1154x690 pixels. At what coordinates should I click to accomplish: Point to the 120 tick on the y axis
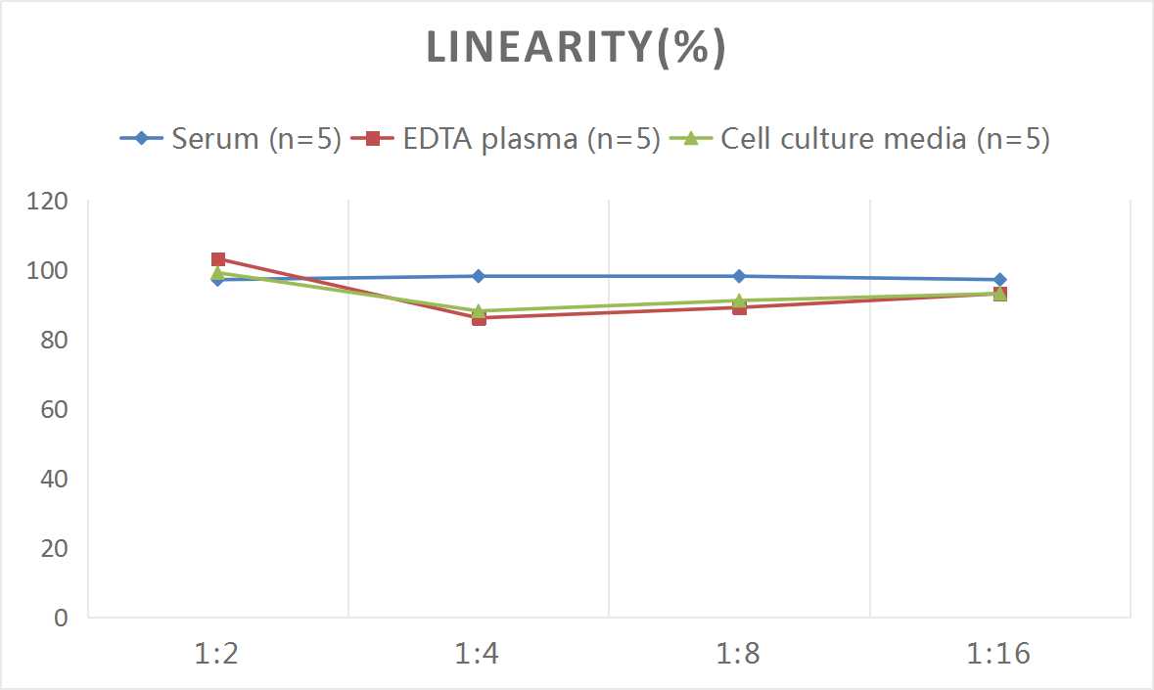point(49,202)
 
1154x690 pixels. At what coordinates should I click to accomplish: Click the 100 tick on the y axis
point(49,271)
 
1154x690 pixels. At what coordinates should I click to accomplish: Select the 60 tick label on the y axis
point(54,409)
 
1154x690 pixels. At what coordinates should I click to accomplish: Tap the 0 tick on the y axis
point(61,618)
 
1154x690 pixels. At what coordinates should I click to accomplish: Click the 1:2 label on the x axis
point(217,653)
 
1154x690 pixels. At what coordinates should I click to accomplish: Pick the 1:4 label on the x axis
point(479,653)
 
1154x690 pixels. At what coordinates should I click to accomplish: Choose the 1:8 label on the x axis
point(739,653)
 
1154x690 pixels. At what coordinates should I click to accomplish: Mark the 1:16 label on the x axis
point(999,653)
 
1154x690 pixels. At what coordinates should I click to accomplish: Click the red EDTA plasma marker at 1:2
point(218,259)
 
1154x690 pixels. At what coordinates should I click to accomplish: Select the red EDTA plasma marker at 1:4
point(479,318)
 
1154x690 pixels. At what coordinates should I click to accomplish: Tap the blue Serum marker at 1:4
point(479,276)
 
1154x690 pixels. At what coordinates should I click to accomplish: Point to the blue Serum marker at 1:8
point(739,276)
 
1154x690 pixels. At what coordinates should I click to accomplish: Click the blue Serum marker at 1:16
point(999,280)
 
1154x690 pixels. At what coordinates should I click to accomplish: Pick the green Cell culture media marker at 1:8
point(739,300)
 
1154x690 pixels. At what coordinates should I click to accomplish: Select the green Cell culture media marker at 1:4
point(479,309)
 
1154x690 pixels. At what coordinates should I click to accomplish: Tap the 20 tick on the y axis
point(54,548)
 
